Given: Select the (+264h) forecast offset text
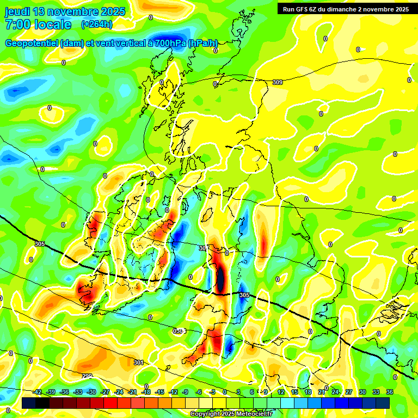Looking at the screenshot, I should pos(97,24).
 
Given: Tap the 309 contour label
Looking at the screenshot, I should pos(277,82).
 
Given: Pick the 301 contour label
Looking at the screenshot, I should pos(139,362).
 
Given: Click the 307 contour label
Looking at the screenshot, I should pos(203,248).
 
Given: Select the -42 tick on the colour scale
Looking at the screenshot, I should pos(37,392).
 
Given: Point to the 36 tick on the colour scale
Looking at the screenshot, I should pos(390,392).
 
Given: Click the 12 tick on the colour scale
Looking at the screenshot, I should pos(280,392).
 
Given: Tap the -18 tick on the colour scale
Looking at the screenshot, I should pos(146,392).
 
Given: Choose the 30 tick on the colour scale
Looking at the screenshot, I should pos(362,392).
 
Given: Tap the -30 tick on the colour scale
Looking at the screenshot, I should pos(91,392).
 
